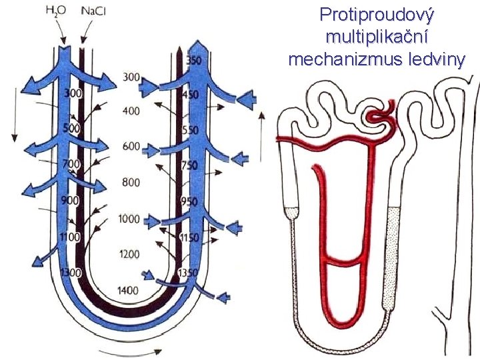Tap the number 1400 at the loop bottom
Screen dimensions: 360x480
click(128, 290)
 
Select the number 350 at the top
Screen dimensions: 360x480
click(193, 61)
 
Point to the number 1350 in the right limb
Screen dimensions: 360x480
click(189, 273)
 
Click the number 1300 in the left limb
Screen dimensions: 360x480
click(70, 273)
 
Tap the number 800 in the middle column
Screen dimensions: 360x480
click(131, 182)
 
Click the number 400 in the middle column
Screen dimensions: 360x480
click(131, 111)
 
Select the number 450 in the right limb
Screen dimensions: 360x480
click(190, 95)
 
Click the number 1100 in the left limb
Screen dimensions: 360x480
click(70, 237)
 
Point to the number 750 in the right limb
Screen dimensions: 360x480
click(190, 165)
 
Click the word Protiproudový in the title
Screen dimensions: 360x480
click(375, 14)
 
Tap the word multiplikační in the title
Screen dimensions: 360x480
click(375, 37)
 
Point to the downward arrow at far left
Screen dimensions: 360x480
click(13, 120)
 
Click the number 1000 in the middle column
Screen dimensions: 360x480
click(128, 219)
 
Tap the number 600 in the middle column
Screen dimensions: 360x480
click(131, 147)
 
